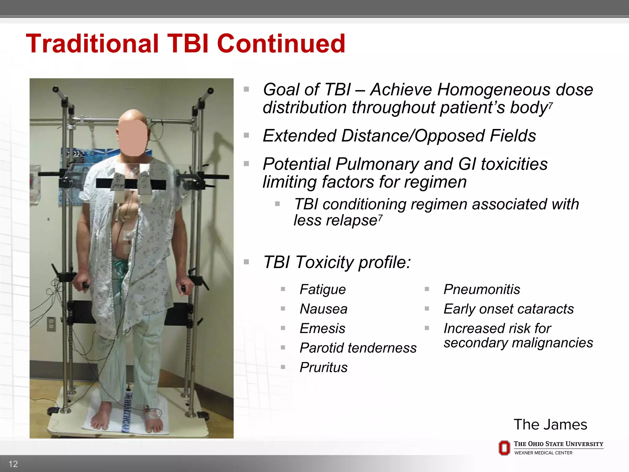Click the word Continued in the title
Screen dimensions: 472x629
point(281,44)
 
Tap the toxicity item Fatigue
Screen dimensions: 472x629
point(322,289)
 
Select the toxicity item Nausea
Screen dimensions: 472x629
point(323,309)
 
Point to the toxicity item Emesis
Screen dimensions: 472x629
point(322,328)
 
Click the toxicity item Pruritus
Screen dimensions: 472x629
point(323,368)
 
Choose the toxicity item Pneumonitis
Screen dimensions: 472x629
point(482,289)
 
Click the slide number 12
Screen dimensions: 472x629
point(13,464)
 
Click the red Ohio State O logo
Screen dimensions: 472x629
point(504,448)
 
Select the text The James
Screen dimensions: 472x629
point(550,425)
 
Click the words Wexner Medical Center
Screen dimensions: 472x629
point(543,453)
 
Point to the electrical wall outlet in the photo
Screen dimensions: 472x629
point(51,324)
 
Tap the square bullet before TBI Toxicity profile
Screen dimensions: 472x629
point(246,262)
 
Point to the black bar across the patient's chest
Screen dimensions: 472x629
point(160,184)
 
